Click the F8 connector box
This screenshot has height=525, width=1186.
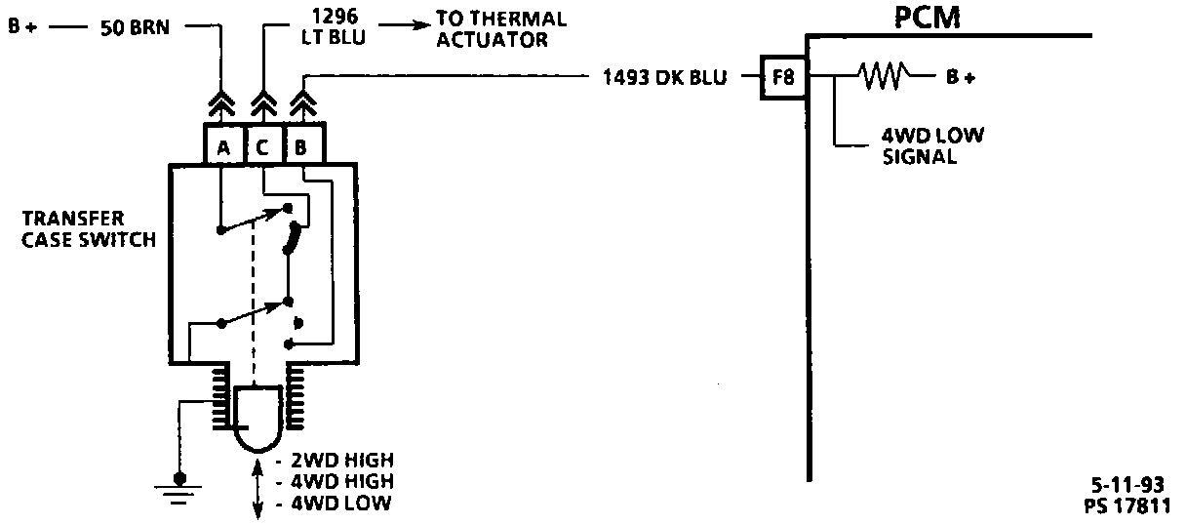click(783, 77)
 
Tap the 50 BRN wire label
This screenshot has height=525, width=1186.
click(136, 27)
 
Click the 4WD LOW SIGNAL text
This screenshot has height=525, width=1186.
click(931, 145)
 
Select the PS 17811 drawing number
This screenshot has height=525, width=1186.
click(1127, 505)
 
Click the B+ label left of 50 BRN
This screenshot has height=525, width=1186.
click(22, 27)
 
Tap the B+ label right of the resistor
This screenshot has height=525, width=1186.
click(961, 78)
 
